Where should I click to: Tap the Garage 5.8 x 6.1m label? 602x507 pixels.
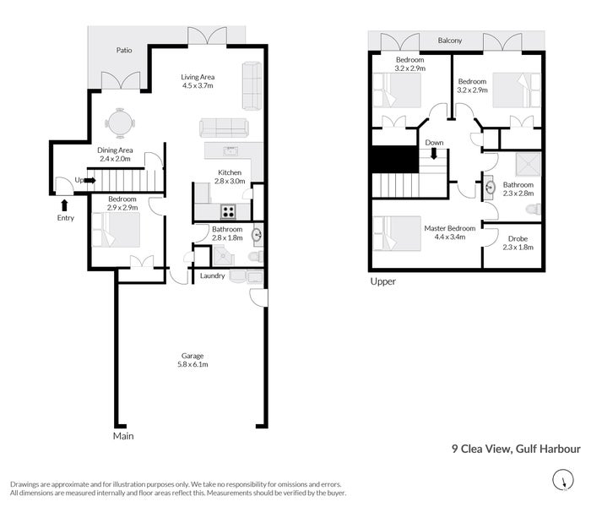click(191, 361)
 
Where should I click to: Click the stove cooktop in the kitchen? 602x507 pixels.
click(229, 211)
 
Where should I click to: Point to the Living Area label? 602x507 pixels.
click(198, 81)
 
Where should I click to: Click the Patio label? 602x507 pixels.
click(125, 50)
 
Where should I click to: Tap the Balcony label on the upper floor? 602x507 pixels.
click(449, 41)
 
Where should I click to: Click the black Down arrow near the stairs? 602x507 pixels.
click(434, 154)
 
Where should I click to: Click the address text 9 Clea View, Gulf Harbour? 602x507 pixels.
click(515, 450)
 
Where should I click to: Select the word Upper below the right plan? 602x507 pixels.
click(382, 281)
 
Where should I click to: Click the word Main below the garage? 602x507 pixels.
click(123, 437)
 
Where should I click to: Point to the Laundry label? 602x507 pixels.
click(212, 276)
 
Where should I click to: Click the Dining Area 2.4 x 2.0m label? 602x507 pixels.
click(115, 154)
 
